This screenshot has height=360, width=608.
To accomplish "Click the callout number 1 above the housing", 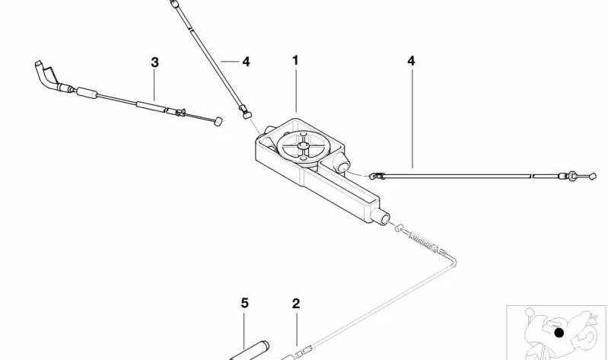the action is (x=295, y=61).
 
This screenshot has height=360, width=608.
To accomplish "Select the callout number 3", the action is (x=154, y=62).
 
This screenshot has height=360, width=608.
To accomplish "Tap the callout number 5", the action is (x=244, y=303).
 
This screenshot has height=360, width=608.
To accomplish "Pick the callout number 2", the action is (x=296, y=304).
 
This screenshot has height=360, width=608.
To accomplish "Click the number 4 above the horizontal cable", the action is (x=411, y=61).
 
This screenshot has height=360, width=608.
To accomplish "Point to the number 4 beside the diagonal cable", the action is (x=246, y=62).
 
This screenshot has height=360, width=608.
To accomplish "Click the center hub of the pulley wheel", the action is (x=303, y=145).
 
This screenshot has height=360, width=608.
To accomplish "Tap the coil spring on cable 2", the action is (x=423, y=242).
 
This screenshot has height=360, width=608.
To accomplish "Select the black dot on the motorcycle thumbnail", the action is (x=559, y=333).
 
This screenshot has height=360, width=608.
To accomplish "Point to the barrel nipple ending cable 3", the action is (x=218, y=122).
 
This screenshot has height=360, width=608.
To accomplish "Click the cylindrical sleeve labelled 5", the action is (x=250, y=350).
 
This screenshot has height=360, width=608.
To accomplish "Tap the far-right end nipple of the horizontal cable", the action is (x=592, y=176).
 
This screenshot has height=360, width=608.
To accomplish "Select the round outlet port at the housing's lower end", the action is (x=380, y=216).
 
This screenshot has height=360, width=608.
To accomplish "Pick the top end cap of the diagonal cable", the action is (x=174, y=4).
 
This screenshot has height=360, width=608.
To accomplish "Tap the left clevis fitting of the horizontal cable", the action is (x=376, y=176).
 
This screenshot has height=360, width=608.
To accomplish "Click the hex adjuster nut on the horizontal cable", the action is (x=571, y=176).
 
